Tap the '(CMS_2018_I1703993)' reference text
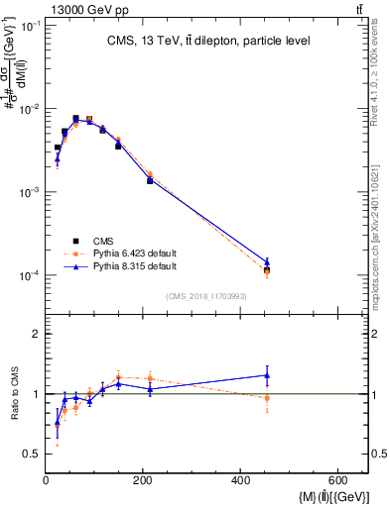(x=207, y=295)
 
